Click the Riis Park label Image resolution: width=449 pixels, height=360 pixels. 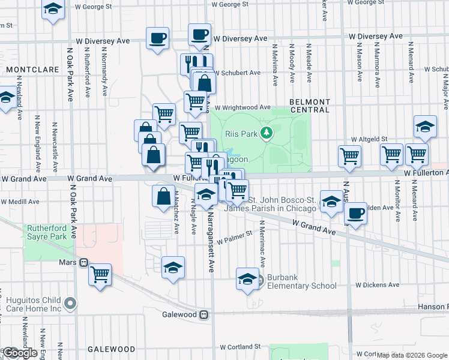(241, 134)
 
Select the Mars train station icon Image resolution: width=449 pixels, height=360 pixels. (84, 262)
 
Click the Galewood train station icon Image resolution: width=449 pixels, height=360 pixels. (204, 314)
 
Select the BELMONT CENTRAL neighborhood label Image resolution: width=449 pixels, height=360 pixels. (309, 106)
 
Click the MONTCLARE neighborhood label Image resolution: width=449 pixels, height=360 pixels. (32, 70)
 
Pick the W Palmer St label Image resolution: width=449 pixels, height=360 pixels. (235, 238)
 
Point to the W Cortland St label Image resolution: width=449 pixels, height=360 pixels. (240, 347)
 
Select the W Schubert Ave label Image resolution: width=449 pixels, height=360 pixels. (237, 73)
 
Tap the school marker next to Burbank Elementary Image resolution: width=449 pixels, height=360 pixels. (247, 278)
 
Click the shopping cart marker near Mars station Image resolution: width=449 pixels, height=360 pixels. (100, 274)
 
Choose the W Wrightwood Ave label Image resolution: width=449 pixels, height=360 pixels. (243, 108)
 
